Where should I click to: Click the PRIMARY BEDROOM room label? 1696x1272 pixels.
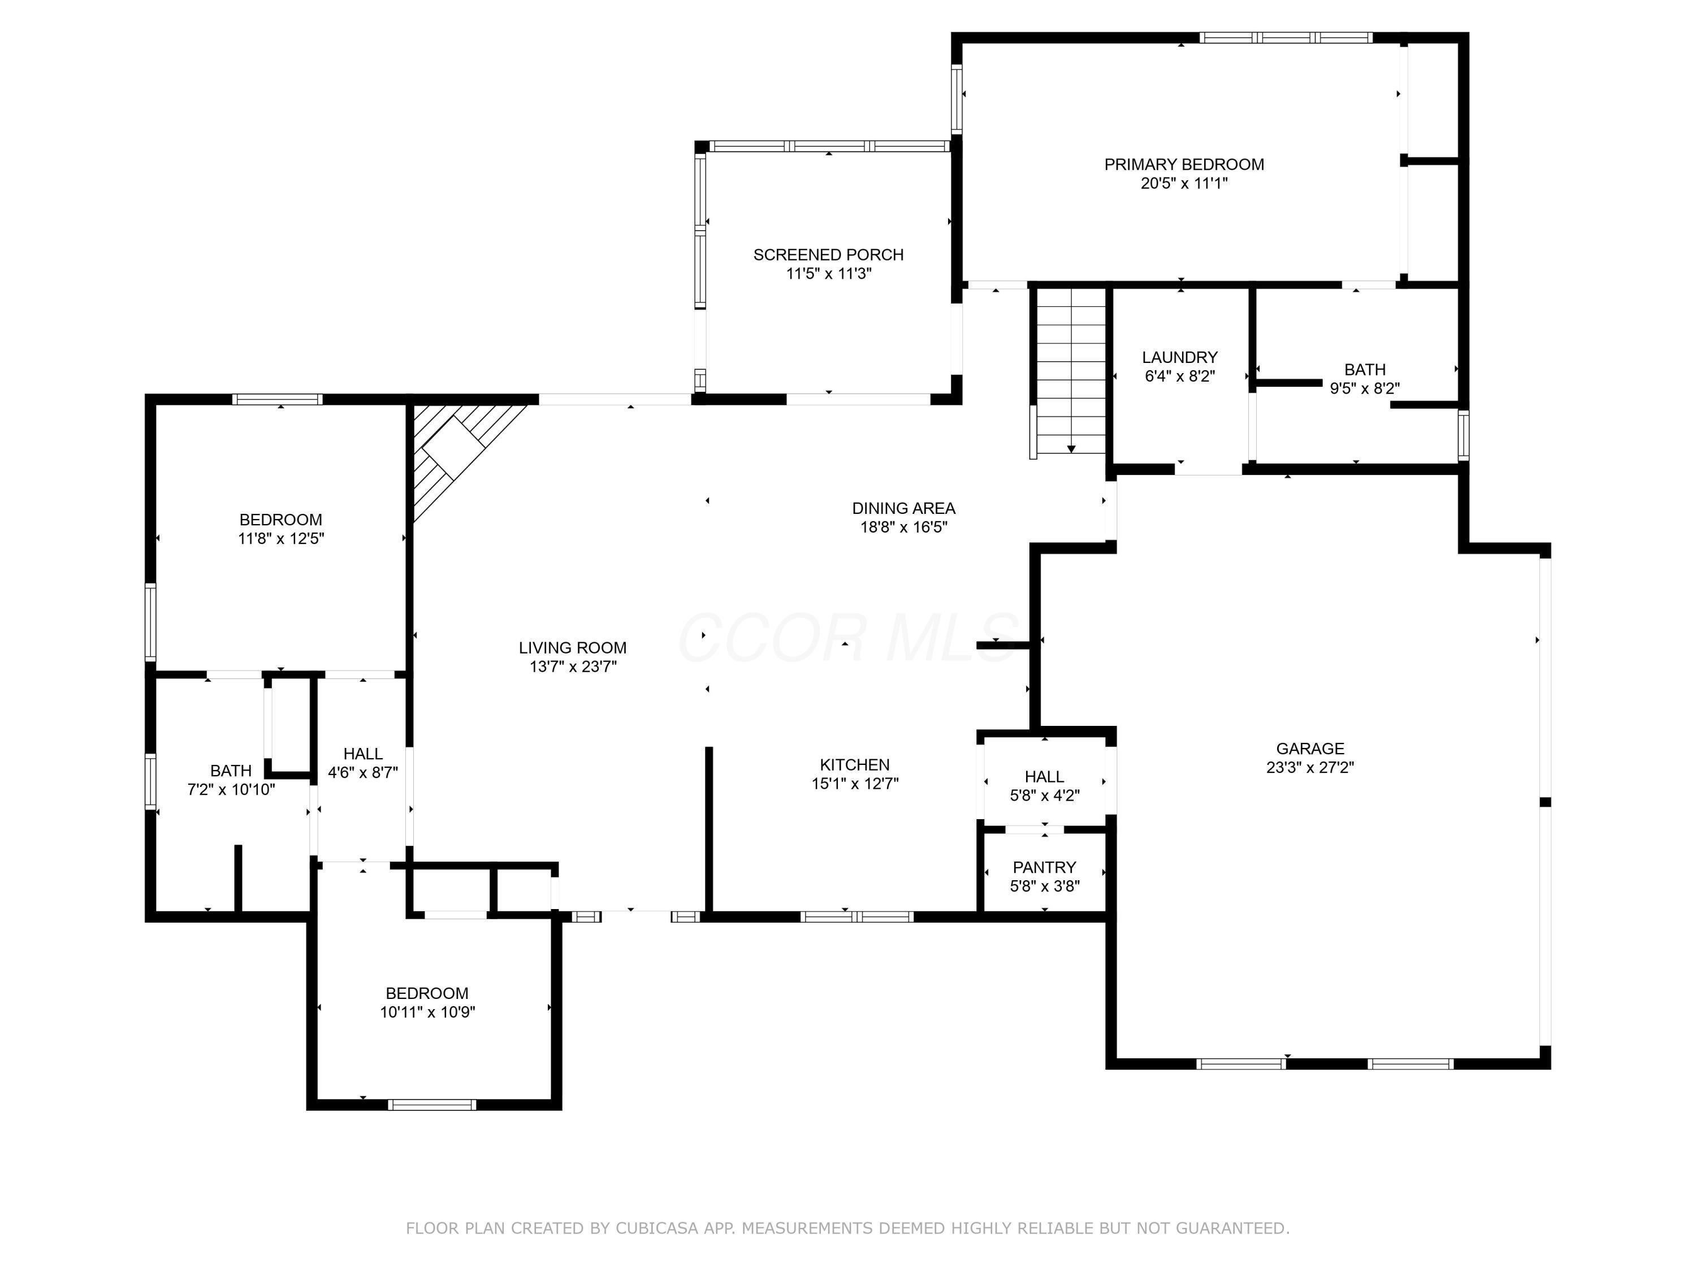tap(1183, 164)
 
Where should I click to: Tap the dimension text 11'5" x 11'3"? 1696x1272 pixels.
tap(828, 274)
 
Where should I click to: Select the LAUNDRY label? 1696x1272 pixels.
tap(1179, 357)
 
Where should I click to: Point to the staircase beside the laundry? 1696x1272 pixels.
tap(1070, 372)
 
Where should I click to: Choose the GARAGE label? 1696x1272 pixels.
tap(1309, 749)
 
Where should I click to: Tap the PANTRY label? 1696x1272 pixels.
tap(1044, 867)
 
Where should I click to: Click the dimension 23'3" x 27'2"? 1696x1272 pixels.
tap(1309, 768)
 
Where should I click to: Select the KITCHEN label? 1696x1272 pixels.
tap(854, 764)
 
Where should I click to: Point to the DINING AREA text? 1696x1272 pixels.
tap(903, 508)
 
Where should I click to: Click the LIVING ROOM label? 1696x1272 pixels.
tap(572, 648)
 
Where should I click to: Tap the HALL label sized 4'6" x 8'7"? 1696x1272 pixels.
tap(363, 754)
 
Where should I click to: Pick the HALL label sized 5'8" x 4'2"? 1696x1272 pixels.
tap(1044, 777)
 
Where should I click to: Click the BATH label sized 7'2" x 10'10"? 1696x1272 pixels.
tap(231, 771)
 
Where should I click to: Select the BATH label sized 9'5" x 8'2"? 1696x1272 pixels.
tap(1364, 370)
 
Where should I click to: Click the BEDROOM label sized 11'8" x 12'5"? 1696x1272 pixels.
tap(280, 520)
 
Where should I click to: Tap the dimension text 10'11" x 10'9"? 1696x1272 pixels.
tap(427, 1012)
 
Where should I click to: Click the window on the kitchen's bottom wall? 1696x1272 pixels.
tap(856, 916)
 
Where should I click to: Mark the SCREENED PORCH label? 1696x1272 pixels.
tap(828, 254)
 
